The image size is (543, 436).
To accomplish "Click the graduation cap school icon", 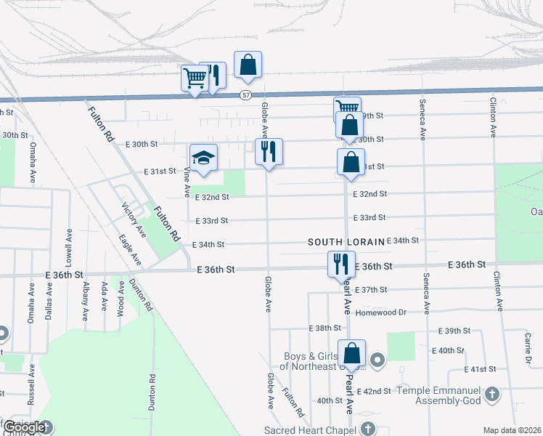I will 204,158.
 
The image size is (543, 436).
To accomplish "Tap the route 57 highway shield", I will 247,95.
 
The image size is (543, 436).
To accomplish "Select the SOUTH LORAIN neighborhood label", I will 344,241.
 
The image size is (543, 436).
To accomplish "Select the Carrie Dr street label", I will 528,348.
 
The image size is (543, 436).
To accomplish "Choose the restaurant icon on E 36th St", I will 341,264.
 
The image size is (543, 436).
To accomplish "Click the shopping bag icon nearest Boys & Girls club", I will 351,354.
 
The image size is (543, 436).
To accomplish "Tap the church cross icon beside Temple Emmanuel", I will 493,395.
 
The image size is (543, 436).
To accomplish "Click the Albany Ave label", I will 86,300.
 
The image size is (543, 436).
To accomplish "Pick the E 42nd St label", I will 377,391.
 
